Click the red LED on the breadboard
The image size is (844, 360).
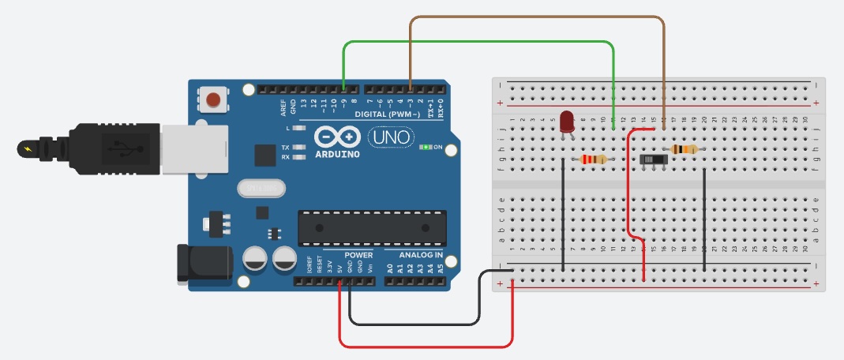567,121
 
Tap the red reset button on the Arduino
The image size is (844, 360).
213,99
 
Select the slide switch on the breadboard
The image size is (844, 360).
652,159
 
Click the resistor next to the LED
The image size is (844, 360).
594,159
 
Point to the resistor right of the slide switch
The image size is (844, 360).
684,149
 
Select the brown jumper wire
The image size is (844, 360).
537,17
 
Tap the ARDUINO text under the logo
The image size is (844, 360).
337,154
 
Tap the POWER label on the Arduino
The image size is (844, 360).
358,256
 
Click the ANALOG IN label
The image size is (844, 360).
421,256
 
